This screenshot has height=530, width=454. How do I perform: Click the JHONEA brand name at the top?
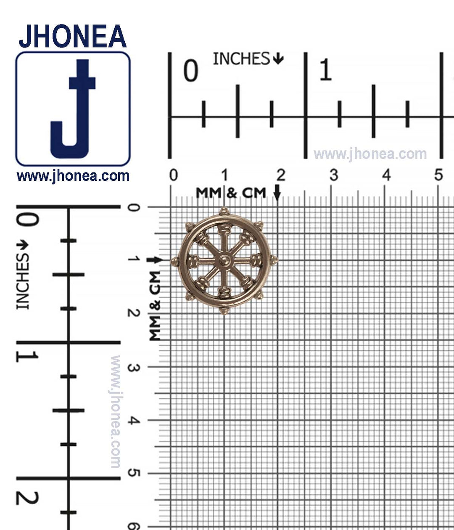(72, 36)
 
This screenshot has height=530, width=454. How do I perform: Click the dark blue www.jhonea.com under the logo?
(73, 176)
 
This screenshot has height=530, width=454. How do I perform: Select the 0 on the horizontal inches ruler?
(191, 71)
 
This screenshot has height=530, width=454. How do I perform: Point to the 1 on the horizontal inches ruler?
(325, 70)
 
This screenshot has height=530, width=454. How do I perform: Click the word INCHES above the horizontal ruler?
(241, 59)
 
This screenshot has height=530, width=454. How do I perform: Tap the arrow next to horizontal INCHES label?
(278, 59)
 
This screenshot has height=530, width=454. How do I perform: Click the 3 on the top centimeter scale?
(334, 175)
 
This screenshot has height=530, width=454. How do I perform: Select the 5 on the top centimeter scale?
(438, 175)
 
